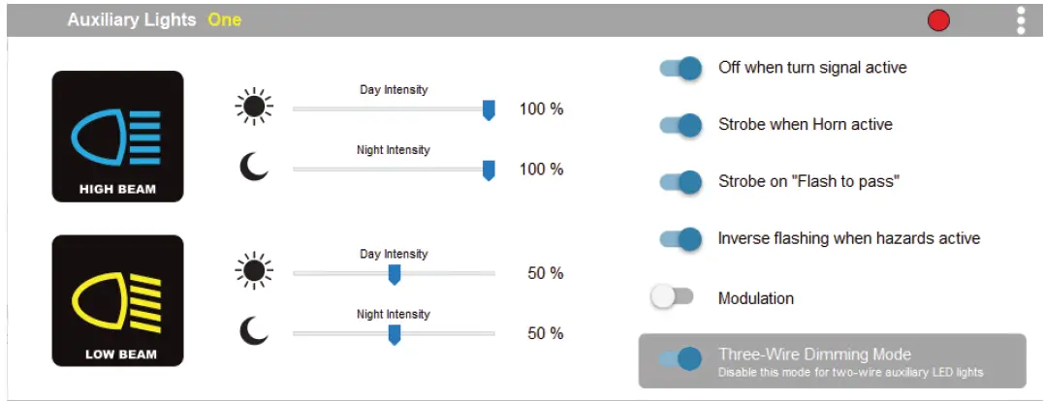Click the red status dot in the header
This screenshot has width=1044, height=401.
(x=938, y=21)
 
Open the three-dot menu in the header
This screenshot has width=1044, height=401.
(x=1022, y=20)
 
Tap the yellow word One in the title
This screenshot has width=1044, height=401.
(x=224, y=20)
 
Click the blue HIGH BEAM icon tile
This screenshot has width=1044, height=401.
(x=118, y=137)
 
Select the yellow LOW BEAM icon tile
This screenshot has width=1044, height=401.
(x=118, y=300)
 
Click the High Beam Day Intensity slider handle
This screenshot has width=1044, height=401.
(x=489, y=109)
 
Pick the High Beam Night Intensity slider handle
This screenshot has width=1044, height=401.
(x=489, y=170)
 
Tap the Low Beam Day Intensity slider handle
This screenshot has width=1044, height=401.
(x=395, y=274)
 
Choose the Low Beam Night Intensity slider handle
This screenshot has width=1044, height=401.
(x=395, y=334)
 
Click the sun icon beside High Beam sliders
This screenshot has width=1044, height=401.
(x=254, y=107)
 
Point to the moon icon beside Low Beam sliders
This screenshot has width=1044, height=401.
(x=254, y=330)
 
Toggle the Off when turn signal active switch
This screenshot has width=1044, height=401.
(x=680, y=68)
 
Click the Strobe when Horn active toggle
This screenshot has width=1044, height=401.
(x=680, y=125)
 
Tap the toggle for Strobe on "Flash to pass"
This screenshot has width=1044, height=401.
(x=680, y=181)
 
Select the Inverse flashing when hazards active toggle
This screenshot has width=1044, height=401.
(x=680, y=238)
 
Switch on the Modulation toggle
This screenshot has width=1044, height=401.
(x=672, y=296)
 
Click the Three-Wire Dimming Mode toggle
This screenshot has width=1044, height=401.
(x=680, y=359)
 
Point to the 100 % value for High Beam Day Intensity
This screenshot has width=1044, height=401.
(x=541, y=109)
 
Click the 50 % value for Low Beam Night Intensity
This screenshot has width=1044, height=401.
(x=546, y=333)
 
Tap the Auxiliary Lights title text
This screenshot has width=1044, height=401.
(x=132, y=20)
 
